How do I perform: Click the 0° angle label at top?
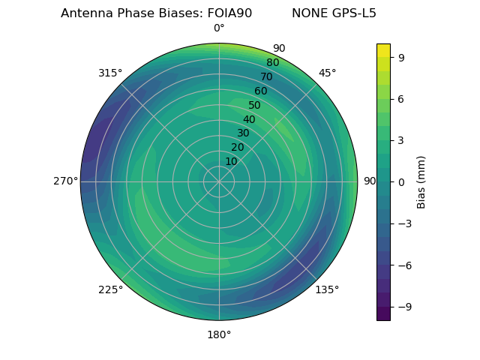(x=219, y=28)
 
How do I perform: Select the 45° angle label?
(x=327, y=73)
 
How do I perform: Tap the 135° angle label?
(x=327, y=289)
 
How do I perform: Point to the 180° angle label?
(x=219, y=334)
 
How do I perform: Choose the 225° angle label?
(x=110, y=289)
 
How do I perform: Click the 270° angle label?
(x=65, y=181)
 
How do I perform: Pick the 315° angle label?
(x=110, y=73)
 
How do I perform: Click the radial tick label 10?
(x=231, y=161)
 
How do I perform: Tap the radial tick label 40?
(x=249, y=119)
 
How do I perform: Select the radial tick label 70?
(x=266, y=76)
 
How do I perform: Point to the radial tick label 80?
(x=272, y=62)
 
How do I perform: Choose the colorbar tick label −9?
(x=402, y=306)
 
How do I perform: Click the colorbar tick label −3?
(x=402, y=223)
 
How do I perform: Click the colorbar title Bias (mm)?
(x=421, y=181)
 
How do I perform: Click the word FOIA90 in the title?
(x=229, y=13)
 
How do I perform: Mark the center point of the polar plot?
(x=219, y=181)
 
